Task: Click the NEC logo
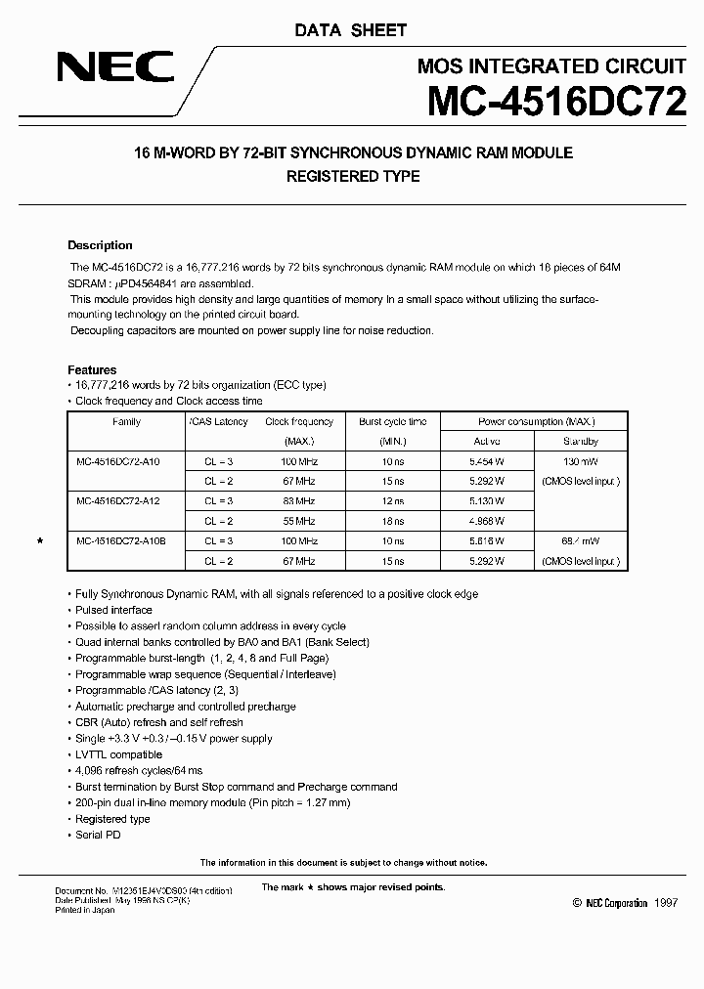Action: pyautogui.click(x=115, y=68)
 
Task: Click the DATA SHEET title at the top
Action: pyautogui.click(x=351, y=31)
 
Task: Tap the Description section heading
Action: pyautogui.click(x=100, y=245)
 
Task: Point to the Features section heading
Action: pyautogui.click(x=92, y=370)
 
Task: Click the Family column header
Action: pyautogui.click(x=126, y=422)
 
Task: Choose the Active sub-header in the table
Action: pyautogui.click(x=486, y=442)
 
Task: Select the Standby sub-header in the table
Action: pyautogui.click(x=581, y=442)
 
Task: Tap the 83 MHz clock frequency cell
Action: pyautogui.click(x=299, y=500)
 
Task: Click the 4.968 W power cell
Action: pyautogui.click(x=486, y=521)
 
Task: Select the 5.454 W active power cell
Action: pyautogui.click(x=486, y=461)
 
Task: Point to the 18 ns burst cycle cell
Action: pyautogui.click(x=392, y=521)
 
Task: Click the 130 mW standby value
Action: pyautogui.click(x=581, y=461)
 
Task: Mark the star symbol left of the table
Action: pyautogui.click(x=39, y=540)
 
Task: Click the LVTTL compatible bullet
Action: pyautogui.click(x=118, y=754)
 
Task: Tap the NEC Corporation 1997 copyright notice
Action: pyautogui.click(x=626, y=904)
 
